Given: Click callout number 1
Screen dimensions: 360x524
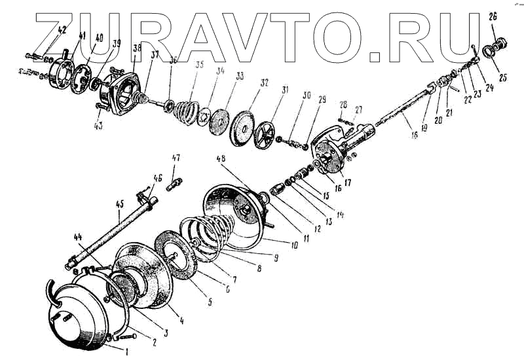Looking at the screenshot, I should (126, 351).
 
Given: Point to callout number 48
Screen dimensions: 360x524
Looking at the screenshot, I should (221, 159).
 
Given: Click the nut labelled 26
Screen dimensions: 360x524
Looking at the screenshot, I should (500, 43).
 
